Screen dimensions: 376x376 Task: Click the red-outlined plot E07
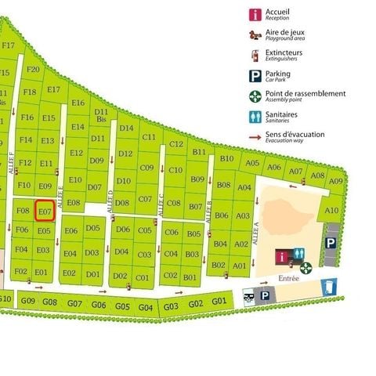tap(45, 211)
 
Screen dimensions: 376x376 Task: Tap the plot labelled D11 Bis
tap(101, 116)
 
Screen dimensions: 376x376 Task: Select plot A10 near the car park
tap(331, 210)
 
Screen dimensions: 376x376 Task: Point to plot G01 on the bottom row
tap(219, 302)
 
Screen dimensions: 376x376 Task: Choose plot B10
tap(226, 158)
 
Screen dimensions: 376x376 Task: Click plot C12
tap(176, 143)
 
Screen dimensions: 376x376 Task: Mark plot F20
tap(33, 69)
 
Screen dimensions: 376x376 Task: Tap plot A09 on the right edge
tap(336, 181)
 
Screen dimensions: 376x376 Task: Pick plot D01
tap(93, 274)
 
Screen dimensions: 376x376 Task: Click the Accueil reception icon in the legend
tap(255, 14)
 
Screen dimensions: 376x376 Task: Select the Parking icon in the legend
tap(255, 75)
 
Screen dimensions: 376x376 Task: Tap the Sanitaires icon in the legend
tap(255, 116)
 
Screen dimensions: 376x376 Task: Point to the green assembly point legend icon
tap(255, 96)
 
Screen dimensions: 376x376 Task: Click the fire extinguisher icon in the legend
tap(255, 55)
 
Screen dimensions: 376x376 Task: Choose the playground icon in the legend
tap(255, 34)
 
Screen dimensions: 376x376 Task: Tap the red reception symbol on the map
tap(281, 257)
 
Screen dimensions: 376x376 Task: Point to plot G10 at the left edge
tap(5, 298)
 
